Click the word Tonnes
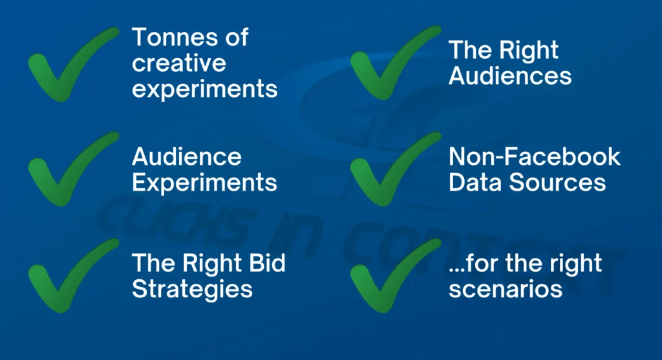coord(175,37)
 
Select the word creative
coord(179,63)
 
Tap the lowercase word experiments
coord(205,90)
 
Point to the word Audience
coord(187,157)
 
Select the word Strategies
coord(192,290)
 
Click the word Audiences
coord(510,76)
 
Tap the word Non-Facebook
coord(535,157)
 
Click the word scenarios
coord(506,290)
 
